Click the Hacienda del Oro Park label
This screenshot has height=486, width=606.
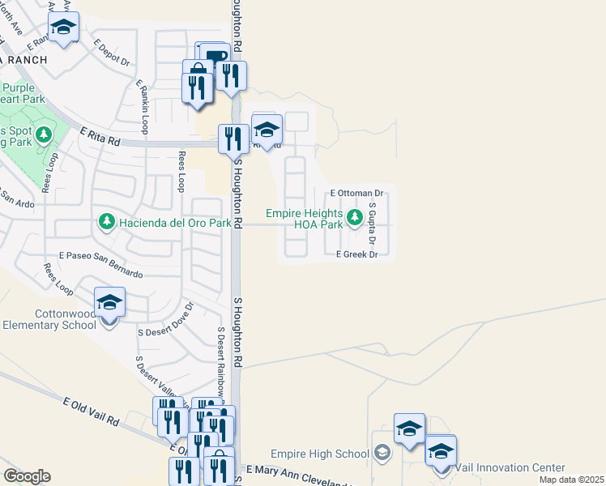174,222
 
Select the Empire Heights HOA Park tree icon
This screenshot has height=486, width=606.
354,217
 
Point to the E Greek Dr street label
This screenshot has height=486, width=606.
357,254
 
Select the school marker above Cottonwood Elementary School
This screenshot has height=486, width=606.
109,304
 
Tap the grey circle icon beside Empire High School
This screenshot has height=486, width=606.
383,453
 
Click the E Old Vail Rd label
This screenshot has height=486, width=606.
91,411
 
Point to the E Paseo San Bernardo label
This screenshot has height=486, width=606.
94,269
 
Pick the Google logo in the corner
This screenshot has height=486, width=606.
27,476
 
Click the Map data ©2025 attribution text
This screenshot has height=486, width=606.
571,480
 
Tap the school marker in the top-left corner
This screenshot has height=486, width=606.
63,28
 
